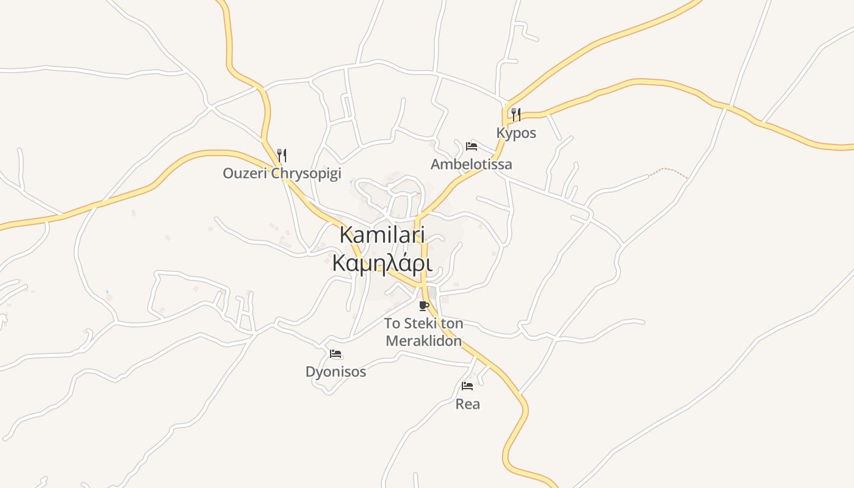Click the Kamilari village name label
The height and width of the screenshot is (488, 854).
(382, 235)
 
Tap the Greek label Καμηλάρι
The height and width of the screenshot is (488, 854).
(382, 264)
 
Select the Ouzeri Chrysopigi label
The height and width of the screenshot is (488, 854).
(281, 173)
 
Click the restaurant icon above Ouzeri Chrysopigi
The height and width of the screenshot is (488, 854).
(281, 155)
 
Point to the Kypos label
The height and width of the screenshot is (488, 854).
(516, 133)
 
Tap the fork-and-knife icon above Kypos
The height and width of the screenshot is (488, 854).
(516, 114)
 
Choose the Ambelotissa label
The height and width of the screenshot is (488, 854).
(471, 164)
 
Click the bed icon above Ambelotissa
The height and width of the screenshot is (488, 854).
(471, 146)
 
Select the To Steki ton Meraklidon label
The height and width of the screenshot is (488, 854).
(424, 332)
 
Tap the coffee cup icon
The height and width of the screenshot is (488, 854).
(424, 306)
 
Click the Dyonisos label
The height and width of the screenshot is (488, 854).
(335, 371)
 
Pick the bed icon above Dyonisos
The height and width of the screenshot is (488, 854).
(335, 354)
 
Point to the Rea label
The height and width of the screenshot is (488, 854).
(467, 404)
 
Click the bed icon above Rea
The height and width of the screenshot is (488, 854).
(467, 386)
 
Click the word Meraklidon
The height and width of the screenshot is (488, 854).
(424, 341)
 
